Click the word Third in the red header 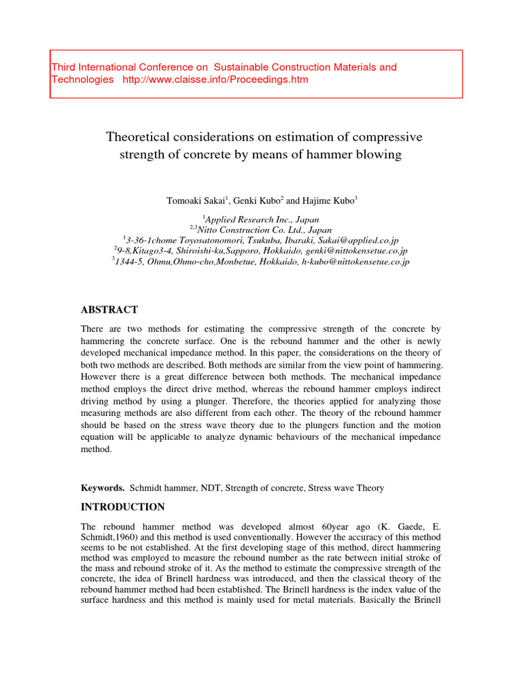(x=65, y=67)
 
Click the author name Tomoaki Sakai (x=196, y=201)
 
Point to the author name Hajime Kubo (x=327, y=201)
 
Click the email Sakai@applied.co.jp (x=355, y=240)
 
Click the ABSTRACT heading (x=109, y=310)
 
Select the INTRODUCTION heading (x=122, y=507)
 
